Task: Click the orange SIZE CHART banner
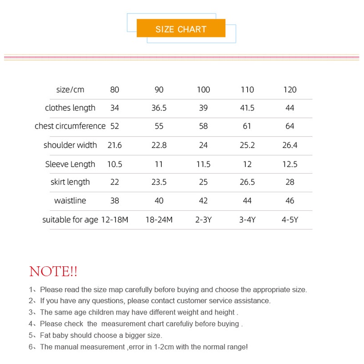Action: [181, 29]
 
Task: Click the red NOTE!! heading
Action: [53, 272]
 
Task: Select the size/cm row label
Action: [70, 90]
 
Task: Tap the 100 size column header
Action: [203, 90]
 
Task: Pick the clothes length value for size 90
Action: [159, 108]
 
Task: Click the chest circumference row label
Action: [70, 126]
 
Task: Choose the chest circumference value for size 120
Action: [290, 126]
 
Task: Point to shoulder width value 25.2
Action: [247, 145]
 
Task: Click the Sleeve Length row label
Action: [70, 164]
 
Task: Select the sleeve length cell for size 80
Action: [115, 164]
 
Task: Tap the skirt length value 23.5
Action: [159, 182]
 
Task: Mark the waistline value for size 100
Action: [203, 201]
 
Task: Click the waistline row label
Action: [70, 201]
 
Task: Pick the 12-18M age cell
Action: [115, 220]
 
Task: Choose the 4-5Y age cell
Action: [290, 220]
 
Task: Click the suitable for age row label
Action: [70, 220]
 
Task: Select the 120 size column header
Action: [290, 90]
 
